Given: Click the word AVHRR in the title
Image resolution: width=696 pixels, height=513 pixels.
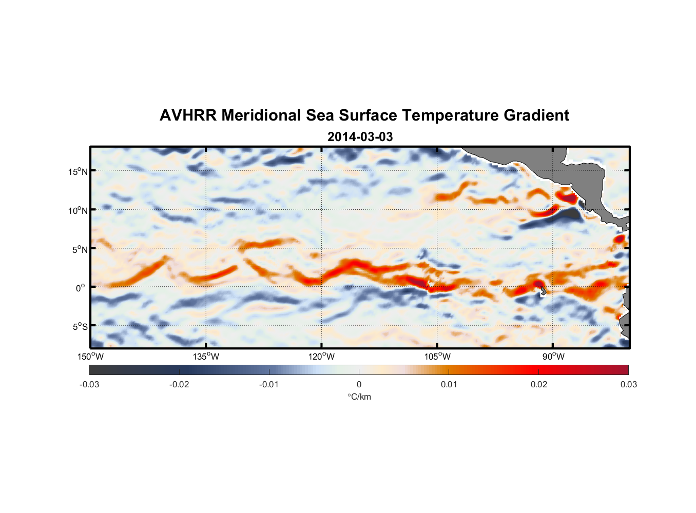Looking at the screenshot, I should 188,115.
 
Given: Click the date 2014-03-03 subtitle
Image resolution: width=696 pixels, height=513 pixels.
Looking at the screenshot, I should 360,137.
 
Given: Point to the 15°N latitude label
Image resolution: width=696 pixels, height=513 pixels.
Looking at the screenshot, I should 78,171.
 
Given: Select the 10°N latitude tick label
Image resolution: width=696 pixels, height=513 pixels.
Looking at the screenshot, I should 78,210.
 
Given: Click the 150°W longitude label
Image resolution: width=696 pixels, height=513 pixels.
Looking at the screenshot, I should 90,357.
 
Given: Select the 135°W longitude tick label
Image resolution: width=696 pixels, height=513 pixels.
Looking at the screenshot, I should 206,357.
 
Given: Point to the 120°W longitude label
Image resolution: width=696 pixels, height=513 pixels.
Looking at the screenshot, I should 321,357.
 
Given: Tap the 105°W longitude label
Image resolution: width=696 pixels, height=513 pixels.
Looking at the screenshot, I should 437,357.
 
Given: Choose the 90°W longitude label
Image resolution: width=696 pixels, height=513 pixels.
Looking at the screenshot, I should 553,357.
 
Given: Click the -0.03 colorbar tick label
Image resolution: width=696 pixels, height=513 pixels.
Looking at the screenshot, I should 89,384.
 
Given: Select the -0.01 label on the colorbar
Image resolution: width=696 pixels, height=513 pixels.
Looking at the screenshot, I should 269,384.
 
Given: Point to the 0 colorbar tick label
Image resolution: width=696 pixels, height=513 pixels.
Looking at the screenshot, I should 359,384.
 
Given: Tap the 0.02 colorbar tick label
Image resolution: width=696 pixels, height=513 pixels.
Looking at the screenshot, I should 539,384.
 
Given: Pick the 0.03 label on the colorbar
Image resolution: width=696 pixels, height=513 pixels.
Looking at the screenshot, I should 628,384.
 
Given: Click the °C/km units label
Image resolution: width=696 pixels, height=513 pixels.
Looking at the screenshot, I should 359,397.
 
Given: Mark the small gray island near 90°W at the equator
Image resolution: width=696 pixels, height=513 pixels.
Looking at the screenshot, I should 543,291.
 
